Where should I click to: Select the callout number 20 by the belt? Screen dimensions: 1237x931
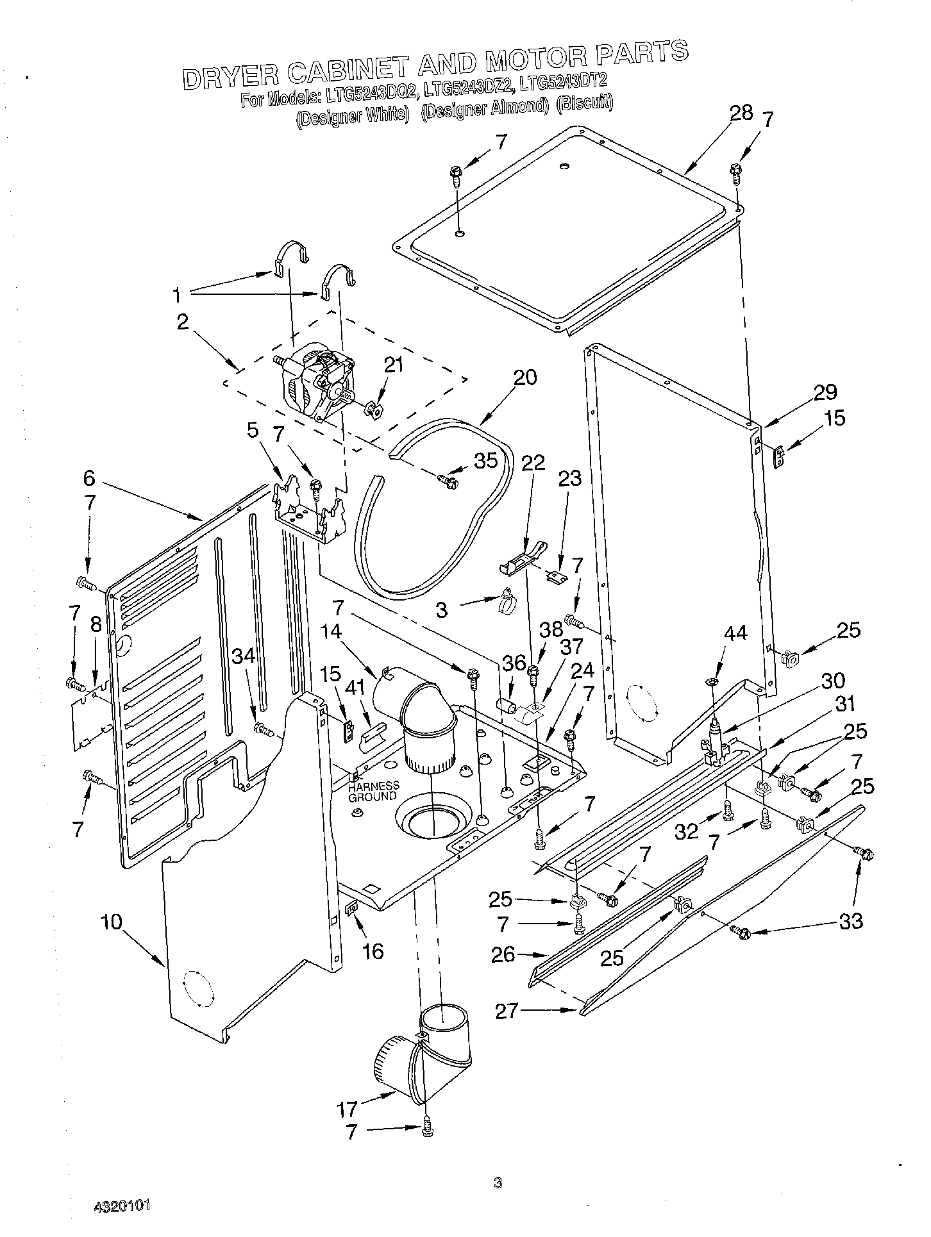(x=524, y=378)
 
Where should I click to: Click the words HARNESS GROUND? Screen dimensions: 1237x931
(x=373, y=791)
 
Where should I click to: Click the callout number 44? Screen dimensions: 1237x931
(x=735, y=633)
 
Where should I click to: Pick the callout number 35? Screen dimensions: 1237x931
(x=485, y=460)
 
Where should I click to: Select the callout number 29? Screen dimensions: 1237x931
(x=825, y=392)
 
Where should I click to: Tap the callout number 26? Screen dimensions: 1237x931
(x=503, y=954)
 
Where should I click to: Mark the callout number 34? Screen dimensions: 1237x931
(x=244, y=656)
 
